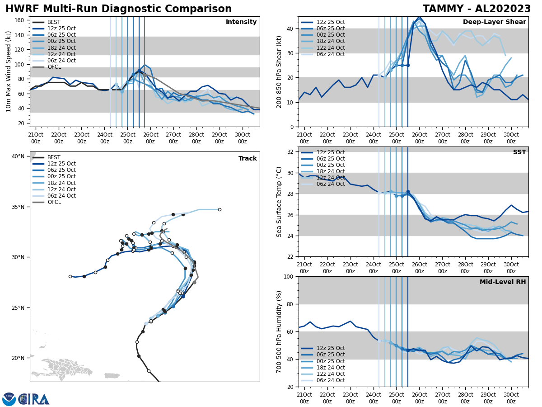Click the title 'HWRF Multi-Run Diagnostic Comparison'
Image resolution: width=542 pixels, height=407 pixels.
point(118,9)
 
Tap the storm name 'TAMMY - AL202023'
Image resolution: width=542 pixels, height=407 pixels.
point(477,9)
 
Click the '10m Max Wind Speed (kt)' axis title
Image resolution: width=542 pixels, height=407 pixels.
point(9,71)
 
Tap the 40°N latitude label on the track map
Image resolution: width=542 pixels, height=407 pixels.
point(18,156)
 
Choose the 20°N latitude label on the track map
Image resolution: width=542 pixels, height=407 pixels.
point(18,358)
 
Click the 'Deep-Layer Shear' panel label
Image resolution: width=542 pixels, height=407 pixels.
point(494,22)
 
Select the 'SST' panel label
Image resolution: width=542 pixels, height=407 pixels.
point(519,152)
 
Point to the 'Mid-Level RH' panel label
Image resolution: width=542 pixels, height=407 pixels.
point(503,282)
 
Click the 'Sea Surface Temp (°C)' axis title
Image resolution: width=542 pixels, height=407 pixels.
point(279,202)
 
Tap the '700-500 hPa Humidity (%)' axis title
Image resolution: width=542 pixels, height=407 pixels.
point(279,331)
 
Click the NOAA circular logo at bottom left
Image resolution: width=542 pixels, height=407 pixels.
point(9,399)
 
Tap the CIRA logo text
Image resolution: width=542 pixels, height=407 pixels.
point(34,399)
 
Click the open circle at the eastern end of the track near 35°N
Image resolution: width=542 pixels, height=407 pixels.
point(220,209)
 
